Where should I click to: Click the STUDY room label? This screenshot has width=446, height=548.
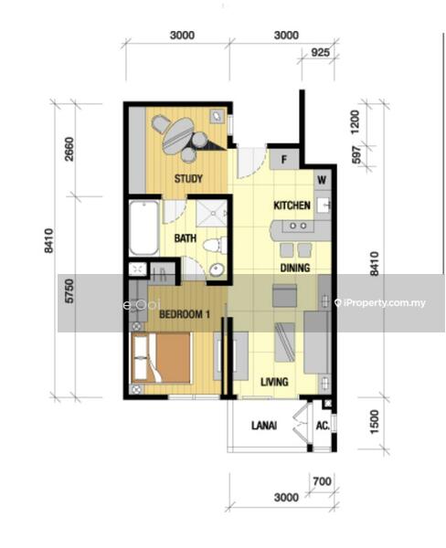188,179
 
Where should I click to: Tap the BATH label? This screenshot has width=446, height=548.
185,238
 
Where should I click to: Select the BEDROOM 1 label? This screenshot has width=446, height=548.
185,314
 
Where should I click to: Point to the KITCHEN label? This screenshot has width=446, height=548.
292,205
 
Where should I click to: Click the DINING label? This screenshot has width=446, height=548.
295,268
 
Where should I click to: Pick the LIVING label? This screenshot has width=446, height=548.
274,382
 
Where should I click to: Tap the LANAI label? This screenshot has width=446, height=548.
264,426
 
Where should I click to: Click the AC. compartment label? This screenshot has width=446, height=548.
323,426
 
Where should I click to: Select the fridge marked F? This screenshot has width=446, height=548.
283,159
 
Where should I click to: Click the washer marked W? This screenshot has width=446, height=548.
322,180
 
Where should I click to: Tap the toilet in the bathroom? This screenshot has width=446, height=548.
215,244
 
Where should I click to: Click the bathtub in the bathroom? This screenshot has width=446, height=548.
143,227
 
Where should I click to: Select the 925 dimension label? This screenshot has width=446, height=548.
320,52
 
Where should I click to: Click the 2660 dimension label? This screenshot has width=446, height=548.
69,149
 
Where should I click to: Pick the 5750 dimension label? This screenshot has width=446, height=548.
69,290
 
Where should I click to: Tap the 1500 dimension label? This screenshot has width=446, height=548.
374,422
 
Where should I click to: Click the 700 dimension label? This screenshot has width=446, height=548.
322,481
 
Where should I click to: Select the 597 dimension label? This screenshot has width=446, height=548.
356,155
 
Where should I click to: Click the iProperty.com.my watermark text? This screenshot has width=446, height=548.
380,302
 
